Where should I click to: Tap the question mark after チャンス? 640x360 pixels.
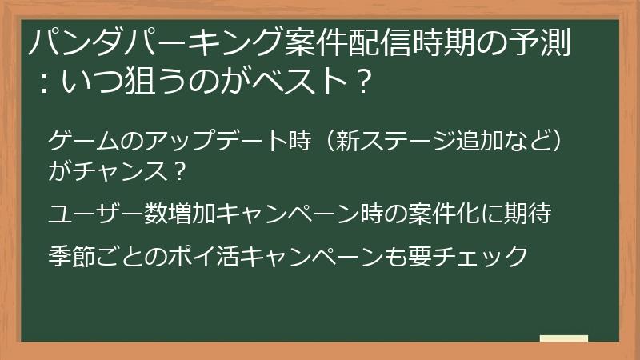pos(178,171)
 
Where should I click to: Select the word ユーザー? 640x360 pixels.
pos(95,214)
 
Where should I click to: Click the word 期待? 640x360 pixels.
pos(527,214)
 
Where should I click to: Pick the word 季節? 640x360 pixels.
pos(72,256)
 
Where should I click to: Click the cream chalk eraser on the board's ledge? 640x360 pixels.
pos(564,338)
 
